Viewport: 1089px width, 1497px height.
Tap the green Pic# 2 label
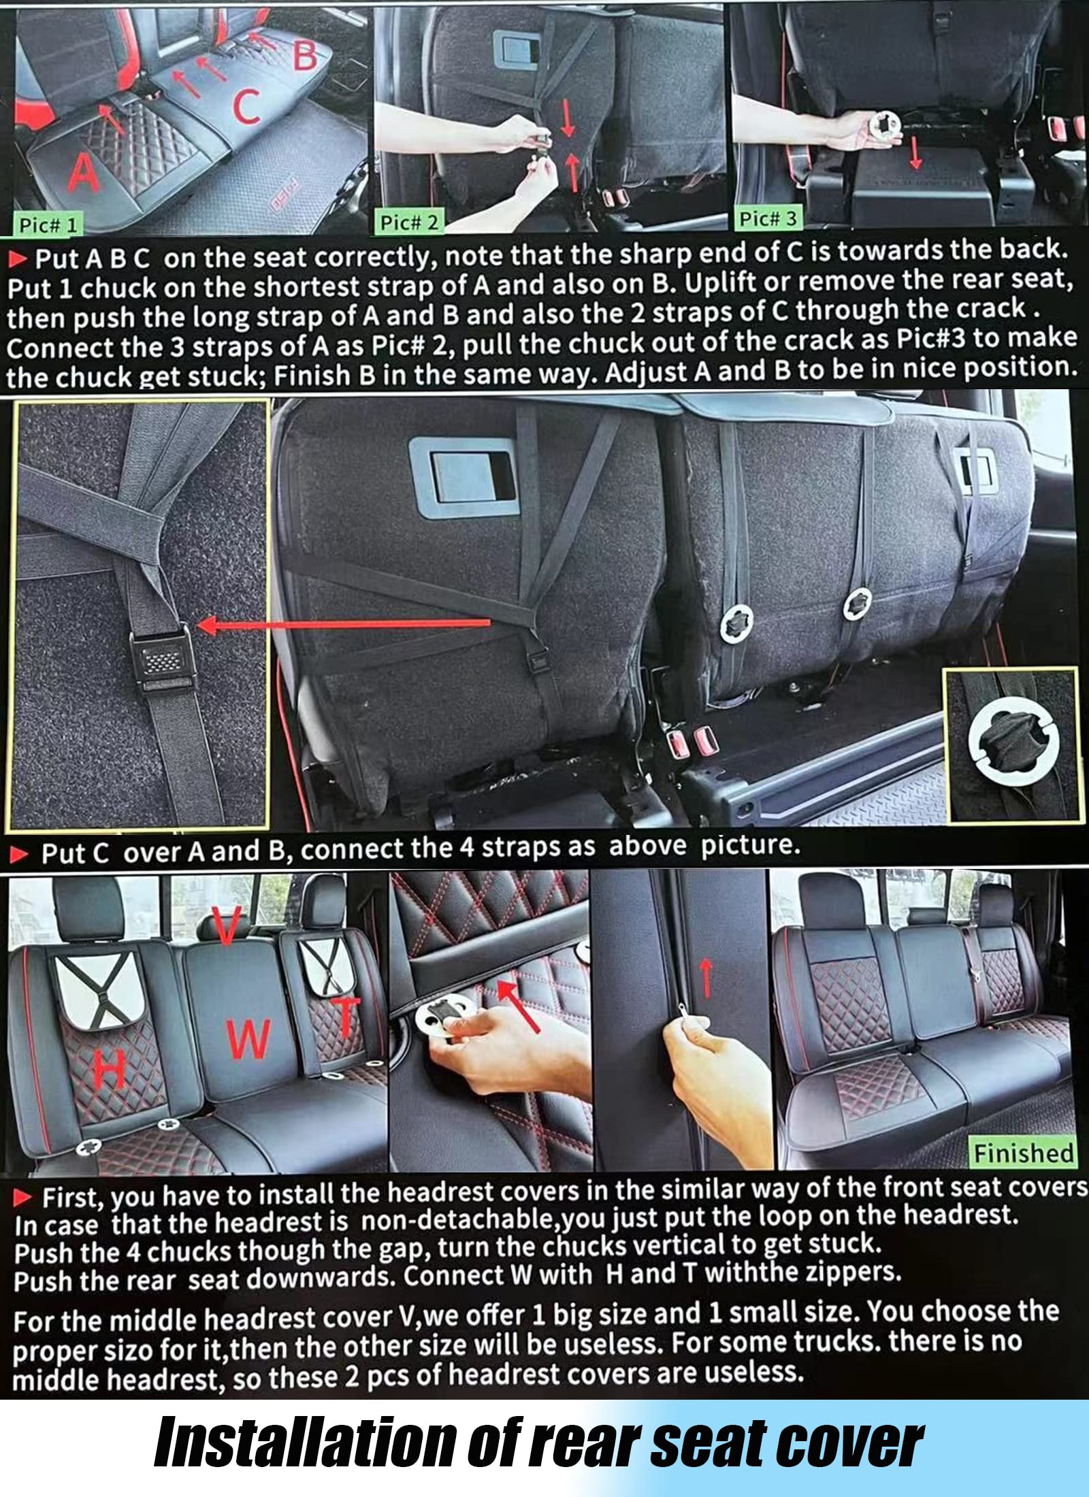point(409,222)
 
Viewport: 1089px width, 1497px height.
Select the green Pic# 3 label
point(767,218)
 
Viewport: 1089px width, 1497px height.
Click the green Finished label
point(1023,1153)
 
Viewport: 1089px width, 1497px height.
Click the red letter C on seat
point(246,106)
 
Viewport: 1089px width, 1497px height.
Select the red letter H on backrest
point(110,1069)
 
